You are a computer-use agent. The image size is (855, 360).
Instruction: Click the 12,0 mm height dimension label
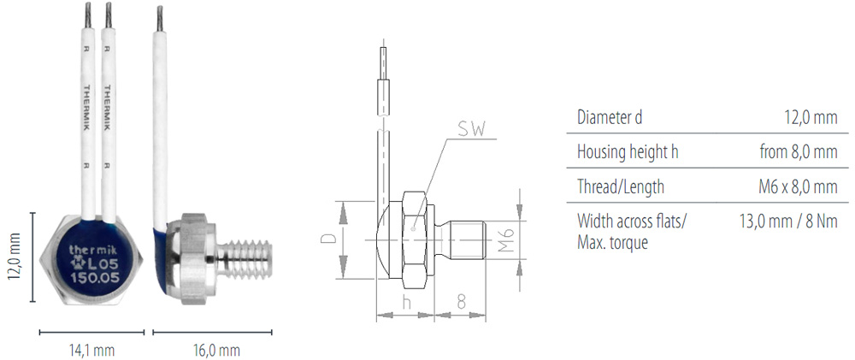click(15, 257)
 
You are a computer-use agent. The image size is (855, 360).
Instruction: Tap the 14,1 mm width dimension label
click(91, 350)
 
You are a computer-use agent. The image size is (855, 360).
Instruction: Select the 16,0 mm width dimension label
click(216, 350)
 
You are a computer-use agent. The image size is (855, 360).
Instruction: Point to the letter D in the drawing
click(329, 239)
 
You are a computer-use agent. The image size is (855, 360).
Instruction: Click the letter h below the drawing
click(405, 302)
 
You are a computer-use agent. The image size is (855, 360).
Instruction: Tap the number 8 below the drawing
click(462, 302)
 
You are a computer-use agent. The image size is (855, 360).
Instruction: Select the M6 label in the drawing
click(506, 239)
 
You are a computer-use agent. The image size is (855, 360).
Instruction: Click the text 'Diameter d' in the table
click(609, 117)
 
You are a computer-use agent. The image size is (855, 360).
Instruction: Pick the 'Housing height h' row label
click(628, 151)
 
